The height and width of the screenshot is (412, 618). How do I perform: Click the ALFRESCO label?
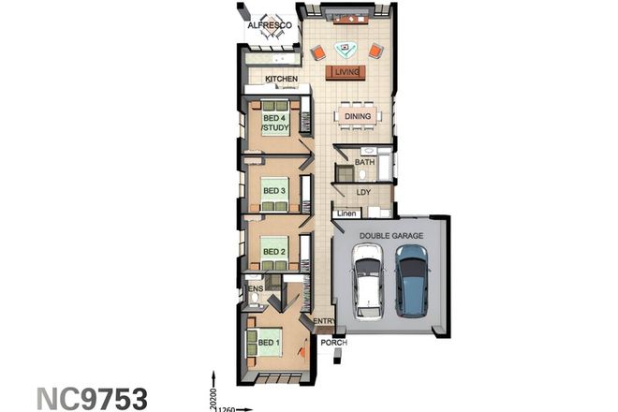pyautogui.click(x=270, y=25)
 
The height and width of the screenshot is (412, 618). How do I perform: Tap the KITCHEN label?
pyautogui.click(x=281, y=80)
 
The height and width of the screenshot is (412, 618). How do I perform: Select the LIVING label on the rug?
pyautogui.click(x=346, y=71)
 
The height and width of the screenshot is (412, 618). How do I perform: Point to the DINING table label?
pyautogui.click(x=358, y=117)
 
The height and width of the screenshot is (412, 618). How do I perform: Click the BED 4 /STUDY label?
pyautogui.click(x=273, y=122)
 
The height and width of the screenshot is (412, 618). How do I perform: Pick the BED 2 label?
pyautogui.click(x=273, y=251)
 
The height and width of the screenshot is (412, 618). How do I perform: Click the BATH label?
pyautogui.click(x=364, y=163)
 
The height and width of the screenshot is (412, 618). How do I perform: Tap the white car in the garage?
pyautogui.click(x=368, y=281)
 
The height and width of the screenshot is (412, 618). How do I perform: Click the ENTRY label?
pyautogui.click(x=324, y=322)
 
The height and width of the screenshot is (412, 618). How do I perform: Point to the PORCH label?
pyautogui.click(x=333, y=343)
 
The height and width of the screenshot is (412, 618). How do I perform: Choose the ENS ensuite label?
pyautogui.click(x=255, y=290)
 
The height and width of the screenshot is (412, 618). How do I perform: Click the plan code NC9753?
pyautogui.click(x=92, y=397)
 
